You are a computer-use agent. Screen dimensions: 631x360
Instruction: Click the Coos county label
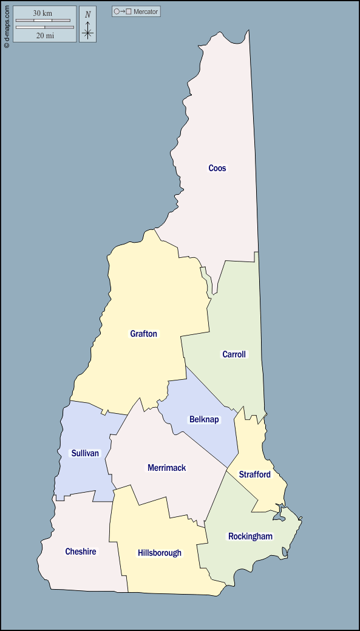[x=217, y=168]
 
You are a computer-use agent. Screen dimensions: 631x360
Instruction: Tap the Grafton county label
[x=143, y=334]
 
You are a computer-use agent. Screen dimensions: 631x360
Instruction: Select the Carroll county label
[x=234, y=354]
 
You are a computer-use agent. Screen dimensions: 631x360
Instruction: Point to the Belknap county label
[x=204, y=419]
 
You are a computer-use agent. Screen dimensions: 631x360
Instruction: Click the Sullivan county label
[x=85, y=453]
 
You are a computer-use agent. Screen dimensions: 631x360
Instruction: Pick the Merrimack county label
[x=166, y=468]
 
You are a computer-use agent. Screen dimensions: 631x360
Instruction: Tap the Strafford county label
[x=254, y=474]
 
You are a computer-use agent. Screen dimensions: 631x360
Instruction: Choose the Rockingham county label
[x=250, y=536]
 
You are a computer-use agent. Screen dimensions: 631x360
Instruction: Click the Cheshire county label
[x=81, y=552]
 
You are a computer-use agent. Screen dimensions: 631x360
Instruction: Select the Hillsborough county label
[x=159, y=553]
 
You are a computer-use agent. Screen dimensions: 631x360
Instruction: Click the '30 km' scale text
[x=42, y=13]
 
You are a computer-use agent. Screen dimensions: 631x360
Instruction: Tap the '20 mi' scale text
[x=45, y=36]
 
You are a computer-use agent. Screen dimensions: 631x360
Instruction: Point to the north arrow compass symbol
[x=88, y=30]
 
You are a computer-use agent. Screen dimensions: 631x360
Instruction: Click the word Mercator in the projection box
[x=146, y=12]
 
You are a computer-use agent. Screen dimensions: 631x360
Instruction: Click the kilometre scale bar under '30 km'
[x=42, y=21]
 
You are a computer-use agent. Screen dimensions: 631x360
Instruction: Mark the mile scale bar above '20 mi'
[x=45, y=27]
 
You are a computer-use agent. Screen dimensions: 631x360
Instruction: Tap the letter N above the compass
[x=88, y=15]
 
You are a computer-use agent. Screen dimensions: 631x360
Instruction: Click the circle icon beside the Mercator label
[x=117, y=12]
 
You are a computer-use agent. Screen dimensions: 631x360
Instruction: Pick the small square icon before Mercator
[x=129, y=12]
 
